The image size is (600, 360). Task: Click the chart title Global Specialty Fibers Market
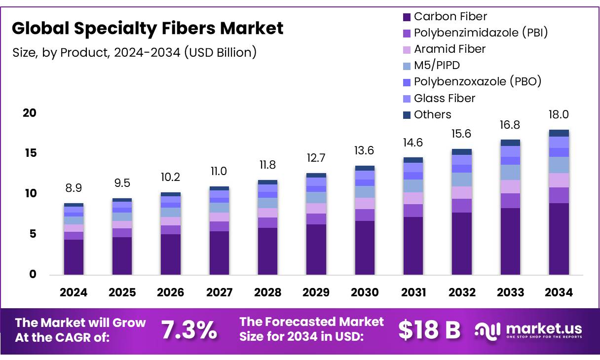[x=148, y=28]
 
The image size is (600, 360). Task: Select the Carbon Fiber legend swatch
[x=407, y=17]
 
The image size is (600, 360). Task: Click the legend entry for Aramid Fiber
[x=449, y=49]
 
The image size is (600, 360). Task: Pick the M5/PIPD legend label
[x=437, y=65]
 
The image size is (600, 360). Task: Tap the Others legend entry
[x=432, y=114]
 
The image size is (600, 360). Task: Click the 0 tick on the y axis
[x=33, y=275]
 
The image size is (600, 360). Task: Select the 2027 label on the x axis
[x=219, y=292]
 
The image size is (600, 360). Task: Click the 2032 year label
[x=462, y=292]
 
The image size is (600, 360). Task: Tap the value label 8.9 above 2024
[x=74, y=188]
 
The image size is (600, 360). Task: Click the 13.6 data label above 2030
[x=365, y=150]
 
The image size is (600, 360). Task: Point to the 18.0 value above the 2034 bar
[x=559, y=114]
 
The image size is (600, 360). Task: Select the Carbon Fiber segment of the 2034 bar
[x=559, y=239]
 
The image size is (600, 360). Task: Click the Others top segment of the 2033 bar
[x=510, y=143]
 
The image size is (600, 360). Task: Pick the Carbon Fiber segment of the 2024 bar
[x=74, y=257]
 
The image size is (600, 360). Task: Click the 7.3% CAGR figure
[x=189, y=330]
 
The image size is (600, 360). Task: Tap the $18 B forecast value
[x=429, y=330]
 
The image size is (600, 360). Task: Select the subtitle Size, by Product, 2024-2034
[x=134, y=52]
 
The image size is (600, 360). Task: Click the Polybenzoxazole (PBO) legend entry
[x=477, y=81]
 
